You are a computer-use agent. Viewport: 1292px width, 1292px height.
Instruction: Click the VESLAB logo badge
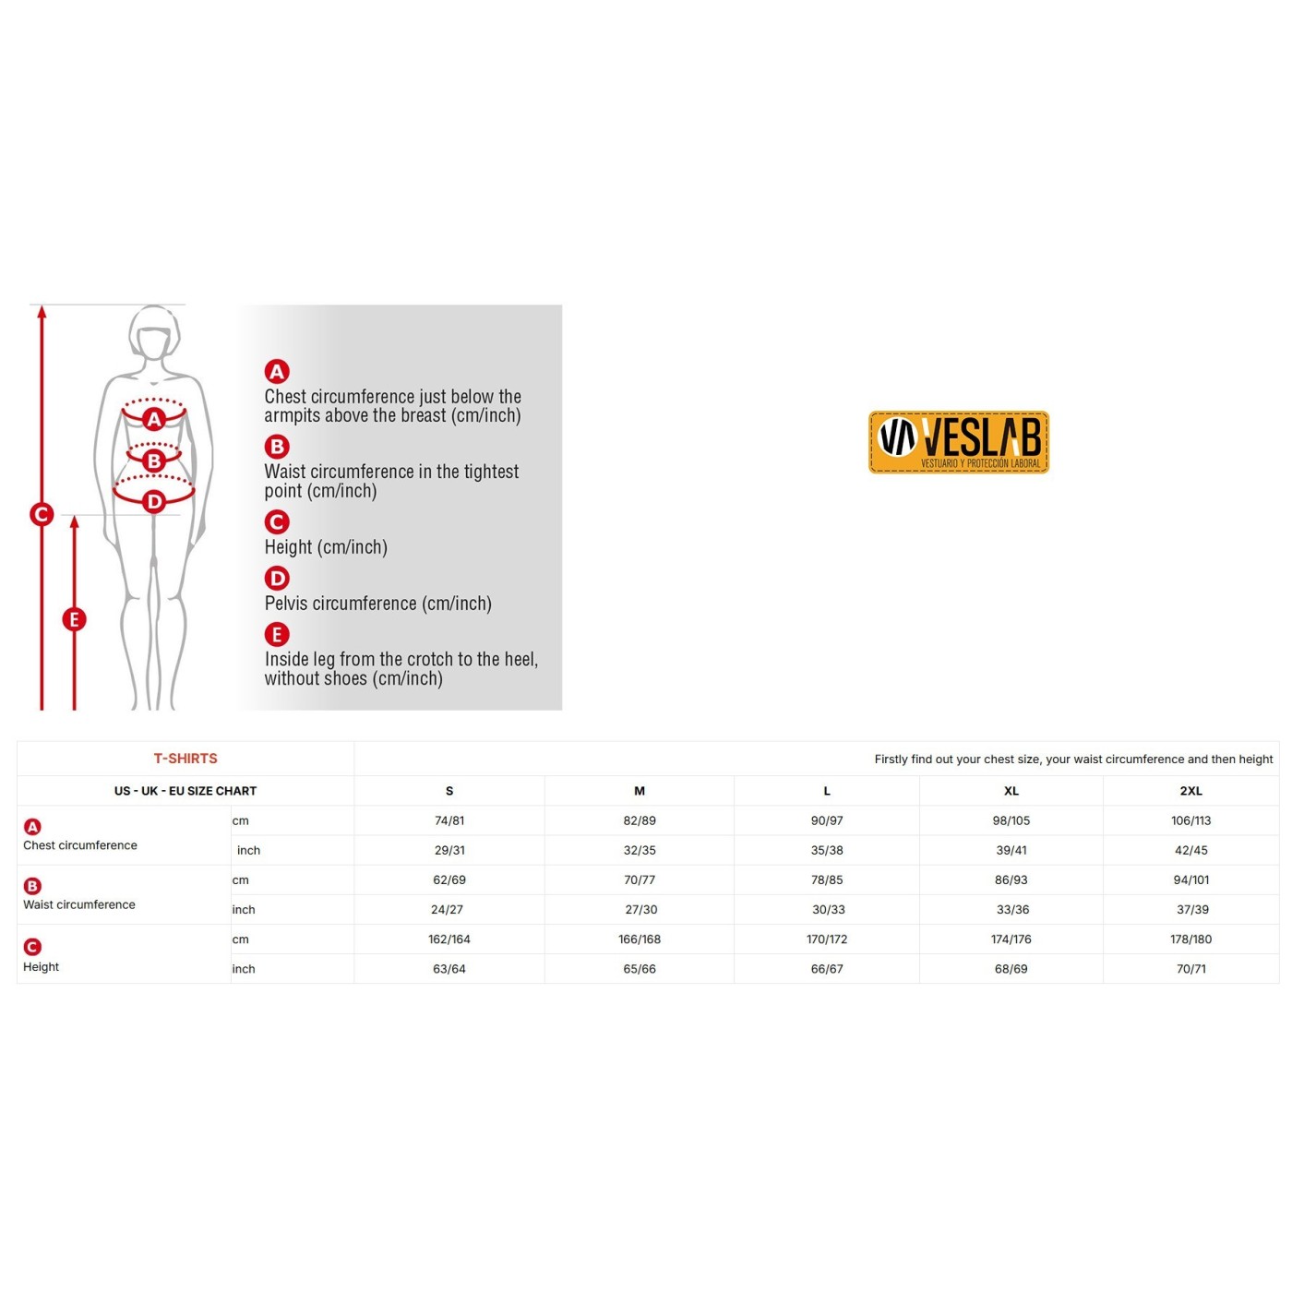(958, 443)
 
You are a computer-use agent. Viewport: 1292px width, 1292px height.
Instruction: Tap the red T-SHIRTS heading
(185, 759)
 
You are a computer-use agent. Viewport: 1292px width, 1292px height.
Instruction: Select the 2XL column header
(1190, 791)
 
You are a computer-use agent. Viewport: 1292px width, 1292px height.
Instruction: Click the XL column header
(1011, 791)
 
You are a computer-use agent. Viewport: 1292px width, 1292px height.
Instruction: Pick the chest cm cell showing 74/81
(449, 820)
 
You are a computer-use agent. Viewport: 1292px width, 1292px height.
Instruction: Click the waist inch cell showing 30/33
(829, 910)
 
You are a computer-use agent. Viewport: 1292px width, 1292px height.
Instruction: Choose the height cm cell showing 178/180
(1190, 939)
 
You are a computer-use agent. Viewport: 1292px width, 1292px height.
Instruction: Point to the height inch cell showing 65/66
(640, 969)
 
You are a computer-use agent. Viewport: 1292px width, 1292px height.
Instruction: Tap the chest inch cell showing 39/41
(1011, 850)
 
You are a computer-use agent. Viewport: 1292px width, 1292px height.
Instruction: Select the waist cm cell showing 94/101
(1190, 879)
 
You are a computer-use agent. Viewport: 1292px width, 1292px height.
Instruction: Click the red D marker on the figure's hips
(154, 501)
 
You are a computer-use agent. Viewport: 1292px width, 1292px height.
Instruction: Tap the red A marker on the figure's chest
(154, 420)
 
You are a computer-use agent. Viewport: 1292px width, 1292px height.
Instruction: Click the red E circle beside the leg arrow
(75, 619)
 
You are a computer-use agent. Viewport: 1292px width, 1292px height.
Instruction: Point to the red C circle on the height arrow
(42, 514)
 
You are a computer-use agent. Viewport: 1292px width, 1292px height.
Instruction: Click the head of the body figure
(155, 332)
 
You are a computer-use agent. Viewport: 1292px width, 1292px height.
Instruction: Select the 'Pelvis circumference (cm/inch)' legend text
(378, 604)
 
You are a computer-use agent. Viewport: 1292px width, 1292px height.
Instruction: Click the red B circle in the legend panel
(277, 447)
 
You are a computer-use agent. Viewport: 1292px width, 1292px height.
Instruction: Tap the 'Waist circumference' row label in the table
(79, 904)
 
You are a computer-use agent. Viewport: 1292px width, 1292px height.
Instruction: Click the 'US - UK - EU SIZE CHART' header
(185, 791)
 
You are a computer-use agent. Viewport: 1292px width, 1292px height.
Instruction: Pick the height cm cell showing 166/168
(640, 939)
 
